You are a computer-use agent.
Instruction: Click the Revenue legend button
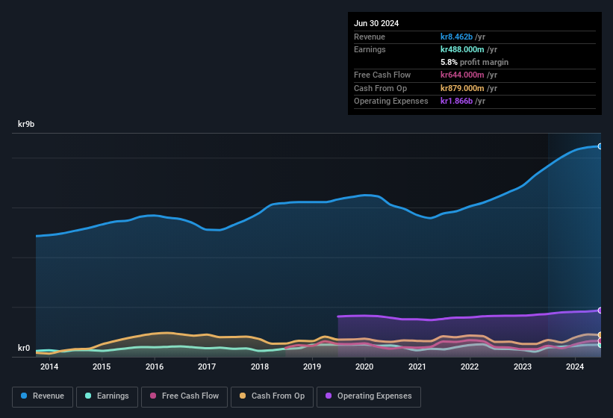(43, 396)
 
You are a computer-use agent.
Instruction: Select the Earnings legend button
(106, 396)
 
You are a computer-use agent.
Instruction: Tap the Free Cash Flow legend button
(184, 396)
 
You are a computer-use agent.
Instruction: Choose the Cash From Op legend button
(272, 396)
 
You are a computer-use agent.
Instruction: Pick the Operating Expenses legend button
(369, 396)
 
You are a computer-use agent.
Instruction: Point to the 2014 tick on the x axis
(49, 366)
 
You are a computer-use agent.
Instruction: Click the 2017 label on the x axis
(207, 366)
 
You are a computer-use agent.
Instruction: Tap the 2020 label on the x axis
(364, 366)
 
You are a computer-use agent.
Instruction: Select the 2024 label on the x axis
(575, 366)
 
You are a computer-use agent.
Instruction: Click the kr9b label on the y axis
(27, 125)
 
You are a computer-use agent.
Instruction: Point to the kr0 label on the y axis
(24, 348)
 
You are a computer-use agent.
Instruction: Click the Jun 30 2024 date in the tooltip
(376, 23)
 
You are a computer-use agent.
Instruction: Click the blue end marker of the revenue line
(600, 146)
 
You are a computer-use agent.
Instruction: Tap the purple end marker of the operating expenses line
(600, 311)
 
